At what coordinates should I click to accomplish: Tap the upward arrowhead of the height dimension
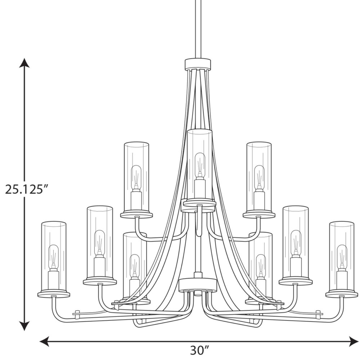coord(24,63)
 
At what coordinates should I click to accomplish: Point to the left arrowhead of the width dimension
coord(45,341)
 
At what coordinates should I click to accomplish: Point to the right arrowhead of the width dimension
coord(353,341)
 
